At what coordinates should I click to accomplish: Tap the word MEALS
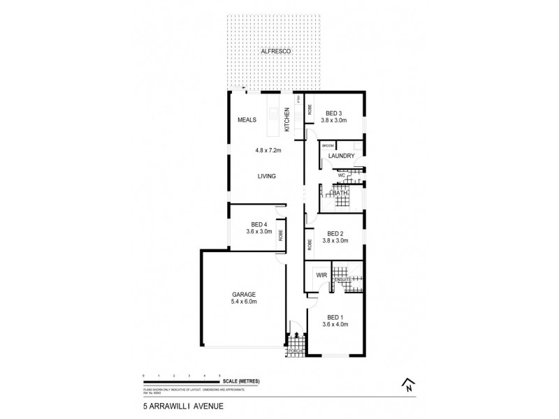[x=247, y=119]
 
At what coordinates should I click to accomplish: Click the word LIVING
[x=266, y=177]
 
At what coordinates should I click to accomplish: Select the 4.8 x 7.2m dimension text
[x=267, y=150]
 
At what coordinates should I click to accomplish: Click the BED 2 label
[x=333, y=233]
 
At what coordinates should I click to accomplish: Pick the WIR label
[x=321, y=276]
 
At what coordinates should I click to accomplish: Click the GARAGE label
[x=245, y=295]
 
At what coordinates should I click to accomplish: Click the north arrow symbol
[x=407, y=382]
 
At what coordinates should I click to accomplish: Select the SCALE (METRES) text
[x=242, y=381]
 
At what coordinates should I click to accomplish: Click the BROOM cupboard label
[x=327, y=145]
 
